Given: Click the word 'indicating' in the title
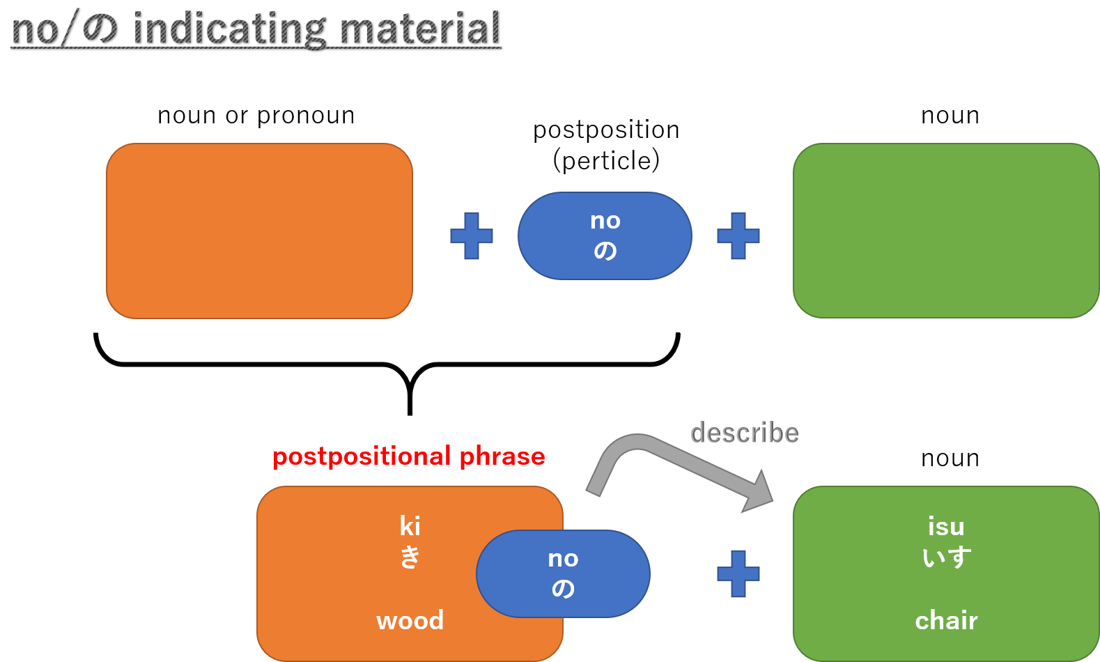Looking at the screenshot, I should click(x=228, y=29).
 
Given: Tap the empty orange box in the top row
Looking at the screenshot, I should click(x=259, y=231).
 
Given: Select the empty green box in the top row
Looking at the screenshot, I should click(x=945, y=231).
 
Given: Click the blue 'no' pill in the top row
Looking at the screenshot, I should click(x=605, y=236).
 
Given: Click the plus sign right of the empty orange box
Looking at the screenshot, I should click(x=472, y=236).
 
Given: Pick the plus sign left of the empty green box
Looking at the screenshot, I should click(x=738, y=236).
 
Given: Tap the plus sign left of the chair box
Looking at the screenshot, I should click(x=738, y=574).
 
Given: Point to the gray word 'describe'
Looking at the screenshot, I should click(x=744, y=433).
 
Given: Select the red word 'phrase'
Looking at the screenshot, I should click(x=502, y=456).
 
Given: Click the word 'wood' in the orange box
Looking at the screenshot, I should click(x=410, y=620).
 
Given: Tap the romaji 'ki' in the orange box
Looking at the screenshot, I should click(x=410, y=525).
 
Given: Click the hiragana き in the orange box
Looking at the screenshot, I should click(x=410, y=557).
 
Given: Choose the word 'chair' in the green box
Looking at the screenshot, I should click(x=946, y=620).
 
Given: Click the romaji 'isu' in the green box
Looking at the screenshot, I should click(x=946, y=526).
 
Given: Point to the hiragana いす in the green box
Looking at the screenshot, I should click(x=946, y=557).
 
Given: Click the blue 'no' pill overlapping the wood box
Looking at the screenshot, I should click(x=563, y=574).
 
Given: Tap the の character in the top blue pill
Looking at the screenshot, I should click(x=605, y=250).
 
